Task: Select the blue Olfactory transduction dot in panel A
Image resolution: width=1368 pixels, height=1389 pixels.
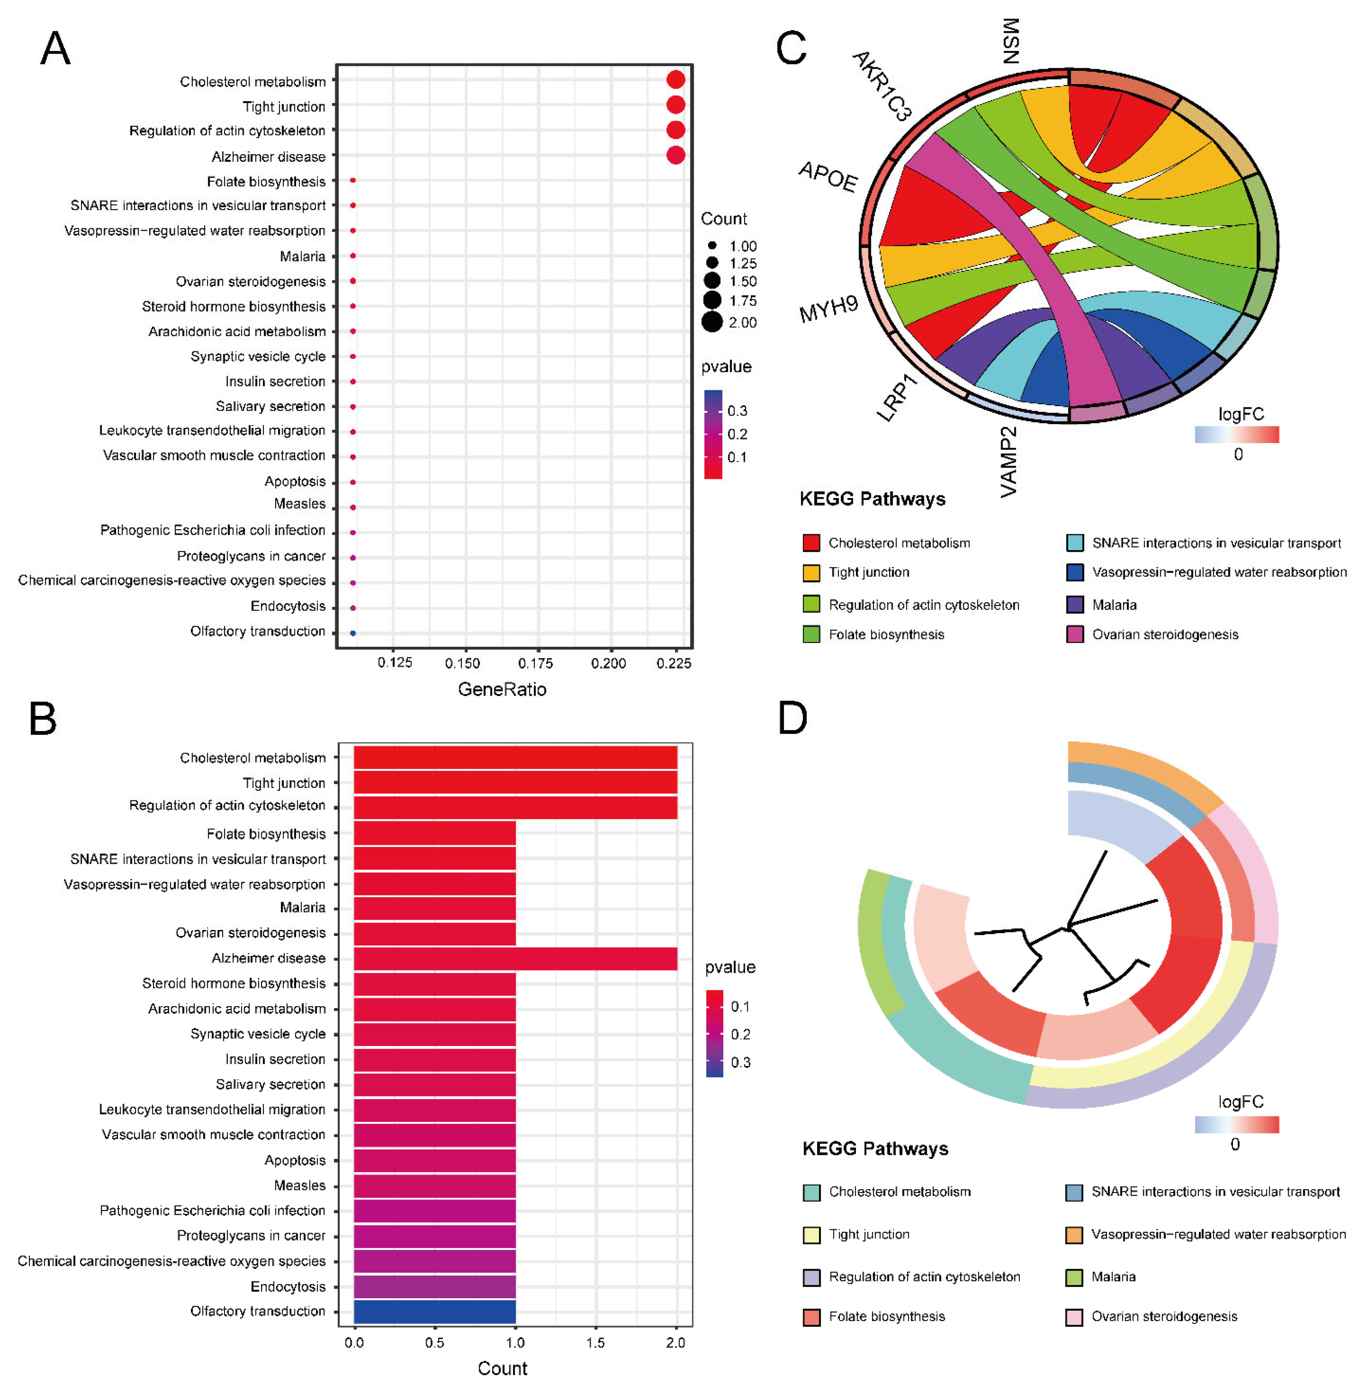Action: pyautogui.click(x=353, y=633)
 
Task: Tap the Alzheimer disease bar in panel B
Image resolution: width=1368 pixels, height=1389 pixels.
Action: pyautogui.click(x=515, y=958)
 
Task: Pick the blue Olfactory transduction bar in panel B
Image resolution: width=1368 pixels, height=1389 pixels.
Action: pyautogui.click(x=435, y=1311)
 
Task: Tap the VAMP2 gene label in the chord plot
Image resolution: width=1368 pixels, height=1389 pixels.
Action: pyautogui.click(x=1009, y=461)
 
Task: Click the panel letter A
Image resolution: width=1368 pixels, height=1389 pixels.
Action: pyautogui.click(x=55, y=49)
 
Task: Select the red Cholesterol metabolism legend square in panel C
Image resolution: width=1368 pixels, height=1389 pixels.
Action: pyautogui.click(x=811, y=542)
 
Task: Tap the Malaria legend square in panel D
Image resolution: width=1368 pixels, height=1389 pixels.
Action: pyautogui.click(x=1074, y=1277)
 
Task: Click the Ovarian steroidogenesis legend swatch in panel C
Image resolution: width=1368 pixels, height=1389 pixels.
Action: pyautogui.click(x=1075, y=634)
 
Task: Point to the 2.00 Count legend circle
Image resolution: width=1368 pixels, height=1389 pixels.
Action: pyautogui.click(x=712, y=322)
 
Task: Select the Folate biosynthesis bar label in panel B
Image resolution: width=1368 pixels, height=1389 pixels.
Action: pyautogui.click(x=266, y=834)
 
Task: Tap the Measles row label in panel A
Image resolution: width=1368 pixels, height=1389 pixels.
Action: pyautogui.click(x=299, y=504)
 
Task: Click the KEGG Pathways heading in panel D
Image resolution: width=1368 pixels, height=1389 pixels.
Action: pyautogui.click(x=875, y=1148)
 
